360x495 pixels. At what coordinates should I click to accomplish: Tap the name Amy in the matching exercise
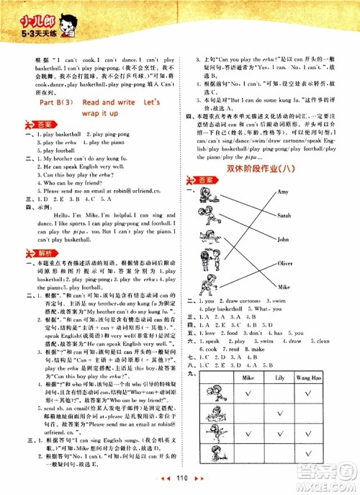pos(283,192)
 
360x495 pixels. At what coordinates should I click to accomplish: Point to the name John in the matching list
pos(283,238)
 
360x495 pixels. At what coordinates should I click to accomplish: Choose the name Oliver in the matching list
pos(286,264)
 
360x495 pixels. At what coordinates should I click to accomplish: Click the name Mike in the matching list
pos(284,287)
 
